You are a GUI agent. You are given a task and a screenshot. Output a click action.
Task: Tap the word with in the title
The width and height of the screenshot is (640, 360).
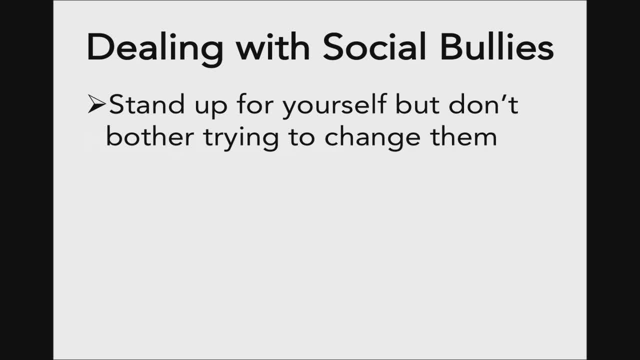pos(273,46)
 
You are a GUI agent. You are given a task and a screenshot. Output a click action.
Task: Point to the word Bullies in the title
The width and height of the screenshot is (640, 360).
pos(497,46)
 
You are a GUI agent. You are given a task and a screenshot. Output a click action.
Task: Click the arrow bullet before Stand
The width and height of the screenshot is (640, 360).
pos(97,103)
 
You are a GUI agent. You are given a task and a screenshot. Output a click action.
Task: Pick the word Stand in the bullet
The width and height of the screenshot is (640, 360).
pos(147,104)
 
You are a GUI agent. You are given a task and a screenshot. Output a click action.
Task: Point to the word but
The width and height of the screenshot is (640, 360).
pos(417,104)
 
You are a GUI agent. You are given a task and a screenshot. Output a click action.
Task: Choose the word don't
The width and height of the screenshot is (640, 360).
pos(483,104)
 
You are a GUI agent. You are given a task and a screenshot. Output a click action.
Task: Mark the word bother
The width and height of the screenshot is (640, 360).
pos(150,136)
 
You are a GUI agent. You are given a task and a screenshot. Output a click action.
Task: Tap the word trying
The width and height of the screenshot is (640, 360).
pos(241,139)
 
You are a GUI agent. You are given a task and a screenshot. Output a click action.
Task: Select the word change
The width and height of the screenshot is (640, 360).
pos(372,139)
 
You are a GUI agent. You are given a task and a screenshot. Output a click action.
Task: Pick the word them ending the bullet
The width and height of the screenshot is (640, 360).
pos(463,136)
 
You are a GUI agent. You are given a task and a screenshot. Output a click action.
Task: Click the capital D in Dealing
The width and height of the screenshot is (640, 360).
pos(99,47)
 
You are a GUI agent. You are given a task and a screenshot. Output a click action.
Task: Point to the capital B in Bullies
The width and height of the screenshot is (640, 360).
pos(451,47)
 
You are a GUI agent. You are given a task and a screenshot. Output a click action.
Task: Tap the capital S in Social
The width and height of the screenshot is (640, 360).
pos(333,47)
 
